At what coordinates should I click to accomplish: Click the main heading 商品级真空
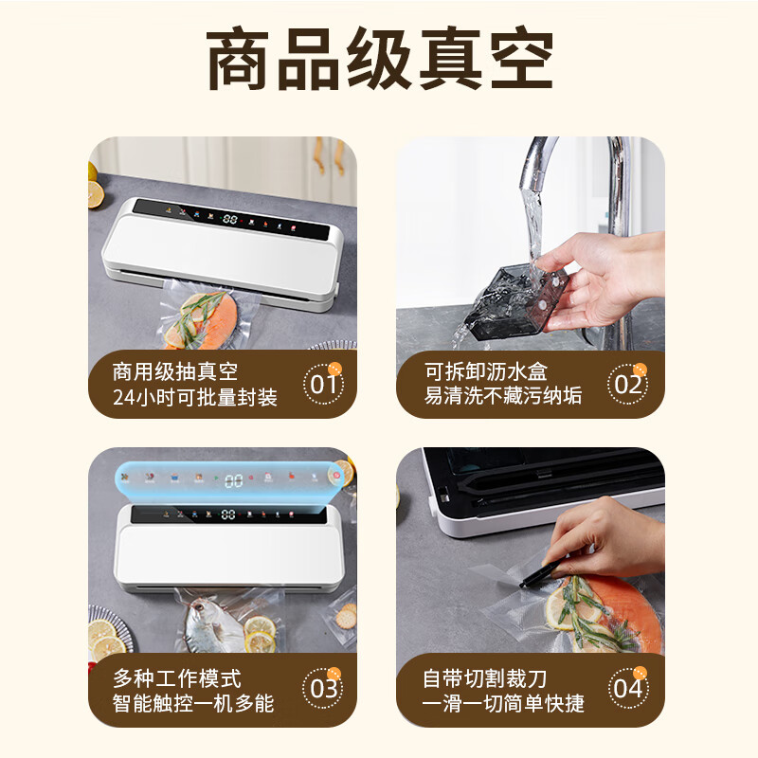point(379,62)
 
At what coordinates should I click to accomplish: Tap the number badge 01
point(324,385)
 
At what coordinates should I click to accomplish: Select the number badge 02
point(628,385)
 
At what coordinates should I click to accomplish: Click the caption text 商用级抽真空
point(175,372)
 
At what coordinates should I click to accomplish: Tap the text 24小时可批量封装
point(195,398)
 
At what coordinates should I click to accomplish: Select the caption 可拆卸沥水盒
point(486,372)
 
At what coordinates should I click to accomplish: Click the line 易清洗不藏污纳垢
point(503,398)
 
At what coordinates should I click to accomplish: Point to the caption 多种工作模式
point(177,677)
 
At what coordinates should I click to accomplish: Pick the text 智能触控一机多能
point(193,703)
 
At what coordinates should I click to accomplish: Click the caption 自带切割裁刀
point(485,677)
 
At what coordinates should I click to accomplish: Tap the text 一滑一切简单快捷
point(503,703)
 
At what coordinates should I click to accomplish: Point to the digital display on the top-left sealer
point(230,218)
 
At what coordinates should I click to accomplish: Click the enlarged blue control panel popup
point(232,478)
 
